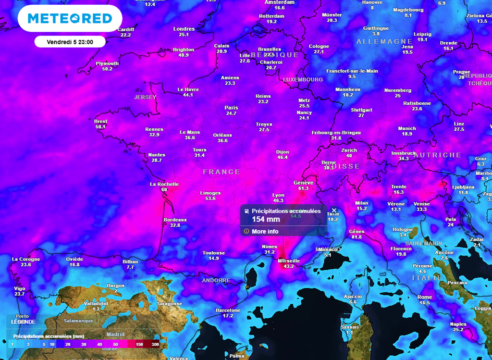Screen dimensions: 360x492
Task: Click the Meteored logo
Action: click(x=70, y=19)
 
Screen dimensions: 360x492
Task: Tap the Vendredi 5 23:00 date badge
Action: click(x=70, y=42)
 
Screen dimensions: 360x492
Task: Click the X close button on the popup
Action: click(x=334, y=210)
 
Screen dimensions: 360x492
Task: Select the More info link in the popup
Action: click(x=265, y=231)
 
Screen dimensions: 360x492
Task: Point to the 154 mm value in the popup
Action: click(x=265, y=219)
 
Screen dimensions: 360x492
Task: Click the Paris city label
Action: click(x=231, y=108)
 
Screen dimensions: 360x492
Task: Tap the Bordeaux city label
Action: click(x=175, y=220)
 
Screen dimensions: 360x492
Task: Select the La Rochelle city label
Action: click(x=164, y=184)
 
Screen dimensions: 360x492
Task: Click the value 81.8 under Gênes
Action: click(x=357, y=237)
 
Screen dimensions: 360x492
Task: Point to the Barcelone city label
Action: click(x=228, y=310)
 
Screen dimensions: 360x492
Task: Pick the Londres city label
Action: click(x=184, y=29)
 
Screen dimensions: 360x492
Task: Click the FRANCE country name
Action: click(x=221, y=172)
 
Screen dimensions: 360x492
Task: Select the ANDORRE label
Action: click(x=216, y=280)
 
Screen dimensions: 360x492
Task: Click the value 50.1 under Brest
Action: click(x=100, y=127)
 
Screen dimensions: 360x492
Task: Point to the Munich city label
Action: click(x=407, y=128)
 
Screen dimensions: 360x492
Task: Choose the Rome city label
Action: click(x=424, y=297)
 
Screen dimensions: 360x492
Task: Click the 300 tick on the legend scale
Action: click(x=155, y=344)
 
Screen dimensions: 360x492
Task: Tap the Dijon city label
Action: click(x=283, y=152)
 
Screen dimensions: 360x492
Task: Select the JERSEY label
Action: click(x=145, y=97)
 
